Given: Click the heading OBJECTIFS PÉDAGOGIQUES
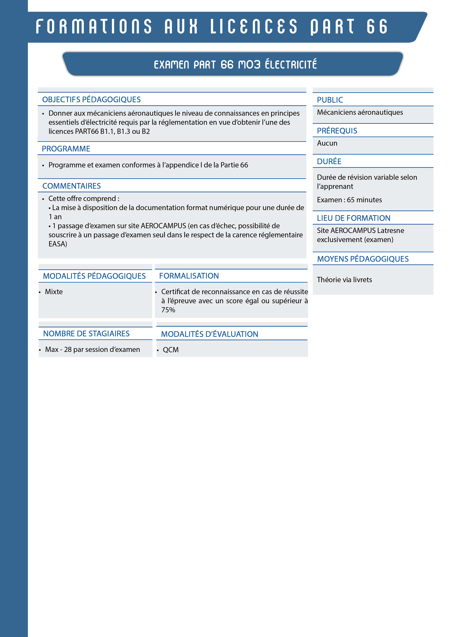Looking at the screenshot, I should tap(91, 100).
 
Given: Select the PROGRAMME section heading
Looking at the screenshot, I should tap(66, 149).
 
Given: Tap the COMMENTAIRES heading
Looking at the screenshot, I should tap(71, 186).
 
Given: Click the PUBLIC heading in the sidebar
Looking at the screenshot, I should tap(330, 100).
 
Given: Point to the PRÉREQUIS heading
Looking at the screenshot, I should tap(337, 131).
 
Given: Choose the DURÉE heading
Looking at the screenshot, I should tap(329, 161).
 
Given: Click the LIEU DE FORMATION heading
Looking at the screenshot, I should tap(353, 218).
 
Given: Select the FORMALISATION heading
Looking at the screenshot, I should tap(189, 276).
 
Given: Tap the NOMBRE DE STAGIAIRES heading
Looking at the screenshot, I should tap(86, 334).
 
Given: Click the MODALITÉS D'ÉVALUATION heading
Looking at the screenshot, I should tap(209, 334).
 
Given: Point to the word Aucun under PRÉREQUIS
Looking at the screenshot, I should tap(327, 143).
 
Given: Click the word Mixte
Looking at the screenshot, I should tap(54, 292).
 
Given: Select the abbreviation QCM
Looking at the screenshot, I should tap(171, 350).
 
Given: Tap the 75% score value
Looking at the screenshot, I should tap(168, 310).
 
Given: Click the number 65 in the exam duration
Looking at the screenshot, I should tap(351, 200).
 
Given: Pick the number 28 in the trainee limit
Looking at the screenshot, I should tap(68, 350).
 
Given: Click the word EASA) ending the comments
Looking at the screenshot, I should tap(58, 244).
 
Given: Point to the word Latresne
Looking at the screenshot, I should tap(391, 231).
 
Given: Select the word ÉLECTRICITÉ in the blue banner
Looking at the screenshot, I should tap(291, 64).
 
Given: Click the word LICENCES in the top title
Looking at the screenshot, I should tap(254, 27).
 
